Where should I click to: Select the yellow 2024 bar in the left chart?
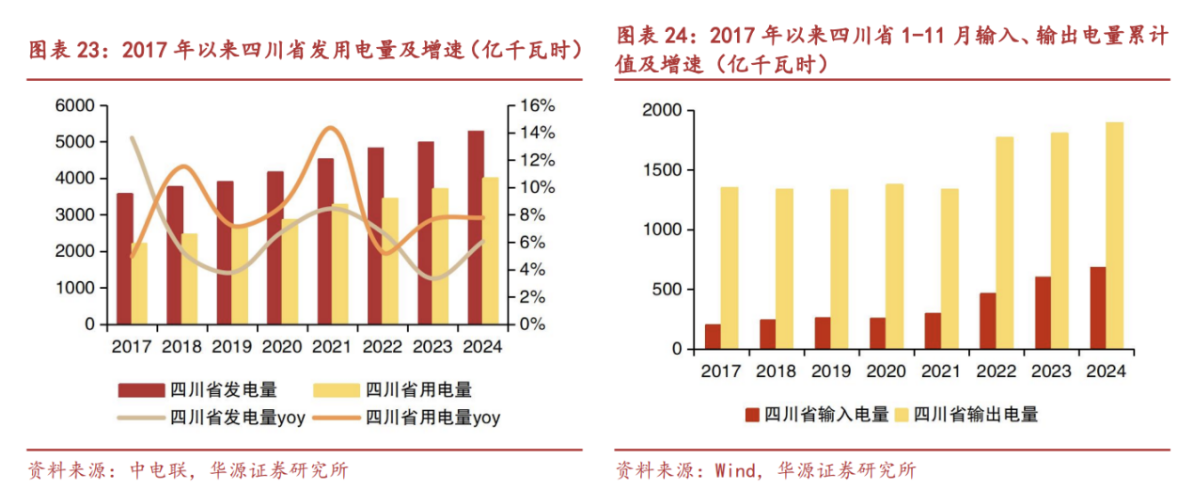tap(491, 250)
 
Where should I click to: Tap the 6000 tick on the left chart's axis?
tap(77, 105)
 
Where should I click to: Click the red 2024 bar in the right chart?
tap(1098, 308)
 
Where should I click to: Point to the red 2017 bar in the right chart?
tap(713, 337)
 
